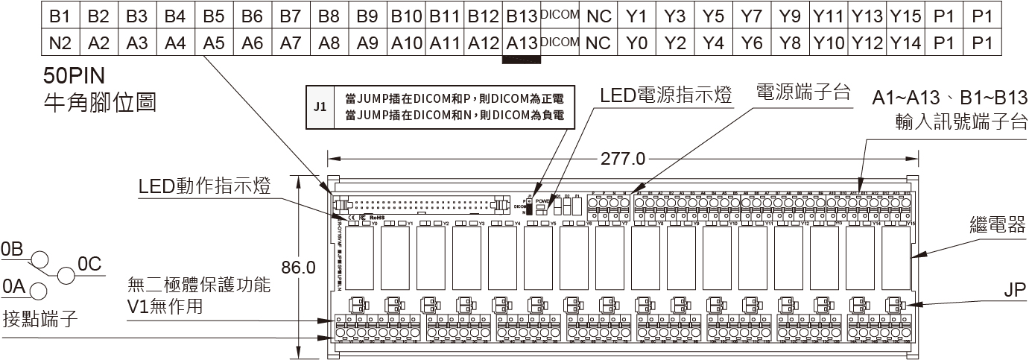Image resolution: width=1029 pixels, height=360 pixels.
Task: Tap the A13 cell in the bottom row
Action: click(521, 43)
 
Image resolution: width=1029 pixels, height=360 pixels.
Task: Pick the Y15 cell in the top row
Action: click(906, 15)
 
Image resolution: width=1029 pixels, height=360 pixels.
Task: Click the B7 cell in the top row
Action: click(291, 15)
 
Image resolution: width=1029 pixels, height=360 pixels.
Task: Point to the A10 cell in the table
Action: click(406, 43)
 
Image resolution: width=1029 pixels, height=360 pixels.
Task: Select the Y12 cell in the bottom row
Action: click(867, 43)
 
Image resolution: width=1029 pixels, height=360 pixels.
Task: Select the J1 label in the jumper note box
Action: click(320, 107)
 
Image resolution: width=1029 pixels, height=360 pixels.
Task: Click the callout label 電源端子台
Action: click(803, 92)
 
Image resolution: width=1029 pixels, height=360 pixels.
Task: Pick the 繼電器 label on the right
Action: click(998, 224)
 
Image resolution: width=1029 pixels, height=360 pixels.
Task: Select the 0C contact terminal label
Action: click(89, 264)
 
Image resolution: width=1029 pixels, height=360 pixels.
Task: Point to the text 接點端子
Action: click(41, 318)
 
